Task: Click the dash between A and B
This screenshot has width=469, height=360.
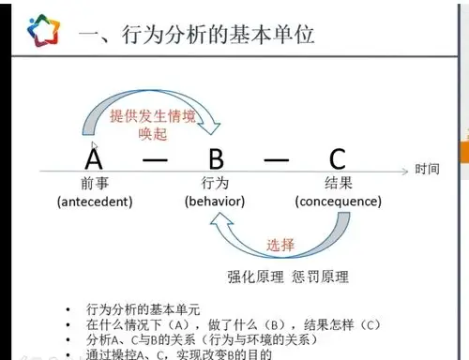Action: point(154,158)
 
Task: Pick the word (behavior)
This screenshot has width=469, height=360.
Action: point(215,201)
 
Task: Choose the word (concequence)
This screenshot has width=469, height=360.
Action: point(338,201)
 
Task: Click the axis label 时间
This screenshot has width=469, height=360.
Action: point(427,170)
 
